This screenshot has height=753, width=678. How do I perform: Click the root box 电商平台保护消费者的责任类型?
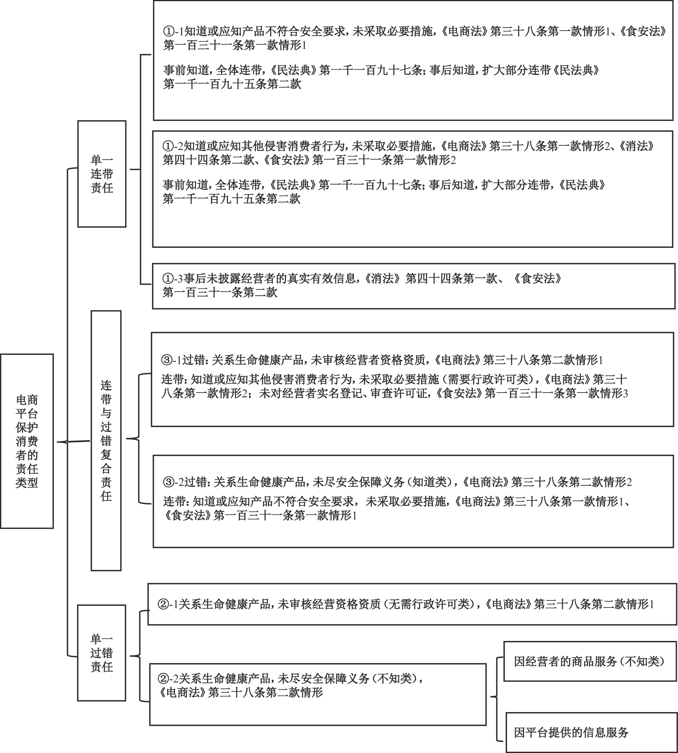tap(27, 441)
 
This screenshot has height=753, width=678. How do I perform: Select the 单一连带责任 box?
tap(102, 174)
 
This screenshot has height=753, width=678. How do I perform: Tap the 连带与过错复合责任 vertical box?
tap(106, 441)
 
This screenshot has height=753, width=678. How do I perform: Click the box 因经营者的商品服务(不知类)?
tap(590, 661)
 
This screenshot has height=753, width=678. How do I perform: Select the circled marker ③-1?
tap(172, 360)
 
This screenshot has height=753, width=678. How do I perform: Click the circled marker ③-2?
tap(174, 482)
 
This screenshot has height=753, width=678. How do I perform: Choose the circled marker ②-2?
tap(168, 679)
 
